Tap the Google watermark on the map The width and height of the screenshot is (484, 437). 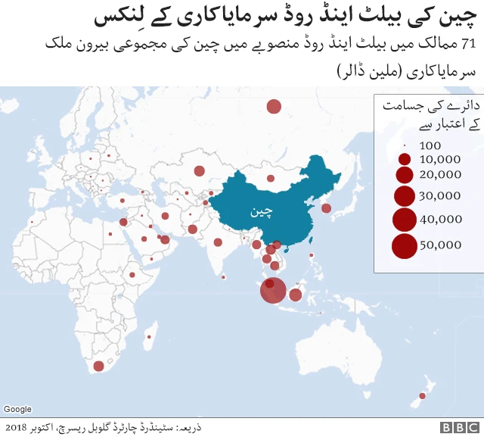coord(17,409)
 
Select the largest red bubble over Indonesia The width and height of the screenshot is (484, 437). coord(273,290)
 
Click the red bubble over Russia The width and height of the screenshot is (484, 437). coord(274,107)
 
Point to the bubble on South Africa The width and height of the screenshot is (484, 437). coord(98,367)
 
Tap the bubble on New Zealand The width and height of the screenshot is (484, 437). coord(422,396)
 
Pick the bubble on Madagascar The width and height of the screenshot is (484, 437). coord(150,336)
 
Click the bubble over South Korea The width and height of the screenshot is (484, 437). coord(326,208)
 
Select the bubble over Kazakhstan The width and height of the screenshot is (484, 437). coord(200,171)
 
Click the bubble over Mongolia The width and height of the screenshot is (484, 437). coord(270,179)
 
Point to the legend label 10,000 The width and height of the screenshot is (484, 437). coord(439,160)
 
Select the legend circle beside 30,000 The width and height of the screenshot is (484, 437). coord(405,196)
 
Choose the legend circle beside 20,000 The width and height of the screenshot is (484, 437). coord(405,175)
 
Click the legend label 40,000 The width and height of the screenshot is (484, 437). coord(440,220)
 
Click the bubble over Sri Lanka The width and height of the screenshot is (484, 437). coord(224,277)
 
